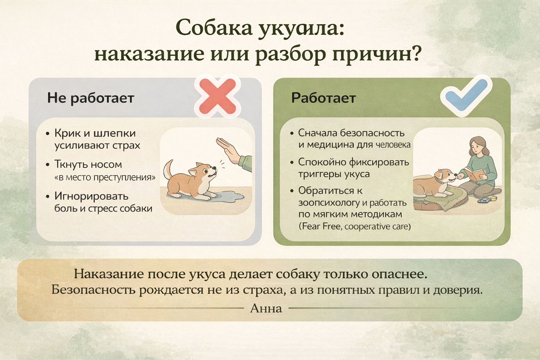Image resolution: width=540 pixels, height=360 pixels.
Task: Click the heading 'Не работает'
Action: point(91,98)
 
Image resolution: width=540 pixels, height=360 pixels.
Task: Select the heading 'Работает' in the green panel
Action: point(323,98)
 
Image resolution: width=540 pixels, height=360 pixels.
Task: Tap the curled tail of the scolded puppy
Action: point(168,169)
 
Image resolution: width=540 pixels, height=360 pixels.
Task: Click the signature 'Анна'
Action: point(266,308)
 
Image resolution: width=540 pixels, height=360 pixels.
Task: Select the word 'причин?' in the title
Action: point(377,54)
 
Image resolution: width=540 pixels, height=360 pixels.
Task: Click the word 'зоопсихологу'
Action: point(329,203)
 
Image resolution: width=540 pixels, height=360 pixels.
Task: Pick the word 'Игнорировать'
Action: point(91,197)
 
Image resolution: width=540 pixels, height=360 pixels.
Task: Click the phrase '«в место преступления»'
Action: point(105,178)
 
